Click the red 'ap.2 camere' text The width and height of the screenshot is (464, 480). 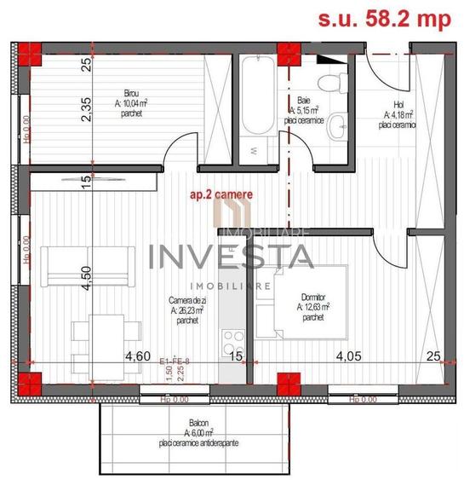pyautogui.click(x=221, y=196)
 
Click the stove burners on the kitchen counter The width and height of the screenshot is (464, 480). pyautogui.click(x=232, y=342)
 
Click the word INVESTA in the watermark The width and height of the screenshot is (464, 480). pyautogui.click(x=230, y=256)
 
